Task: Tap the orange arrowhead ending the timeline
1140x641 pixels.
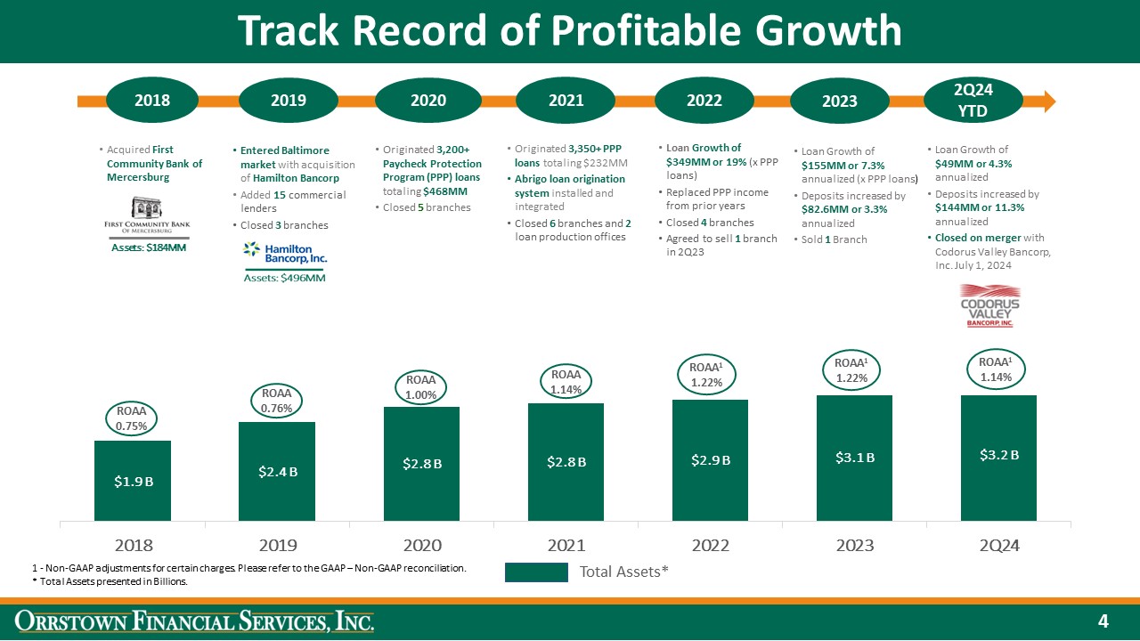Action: tap(1047, 100)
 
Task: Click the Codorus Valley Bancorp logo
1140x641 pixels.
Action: tap(989, 306)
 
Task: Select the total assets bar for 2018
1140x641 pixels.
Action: tap(133, 481)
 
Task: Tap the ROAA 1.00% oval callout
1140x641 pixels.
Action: tap(420, 388)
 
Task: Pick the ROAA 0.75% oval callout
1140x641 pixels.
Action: tap(132, 418)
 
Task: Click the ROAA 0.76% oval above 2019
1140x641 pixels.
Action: tap(276, 402)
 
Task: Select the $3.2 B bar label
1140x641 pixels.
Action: tap(997, 455)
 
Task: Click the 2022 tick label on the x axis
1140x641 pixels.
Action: tap(710, 545)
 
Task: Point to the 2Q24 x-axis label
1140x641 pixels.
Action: tap(997, 545)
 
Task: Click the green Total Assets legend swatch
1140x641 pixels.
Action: tap(536, 572)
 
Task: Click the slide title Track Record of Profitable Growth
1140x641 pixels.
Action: tap(569, 31)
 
